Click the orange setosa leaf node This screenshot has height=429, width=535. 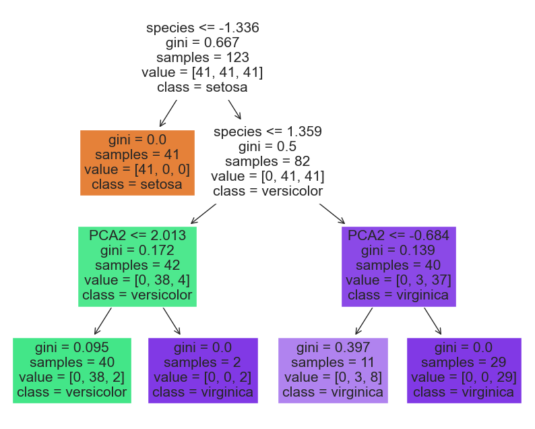point(137,163)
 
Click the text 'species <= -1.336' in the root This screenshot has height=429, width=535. point(203,28)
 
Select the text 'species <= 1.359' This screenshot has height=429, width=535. point(267,131)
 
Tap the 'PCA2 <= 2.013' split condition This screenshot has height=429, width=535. point(137,235)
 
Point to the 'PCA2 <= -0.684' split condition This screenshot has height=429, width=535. point(398,235)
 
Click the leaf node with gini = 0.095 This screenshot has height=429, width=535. point(72,370)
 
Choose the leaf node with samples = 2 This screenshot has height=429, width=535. point(203,370)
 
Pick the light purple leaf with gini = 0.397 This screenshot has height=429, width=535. point(333,370)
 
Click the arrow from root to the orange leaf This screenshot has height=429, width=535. point(168,113)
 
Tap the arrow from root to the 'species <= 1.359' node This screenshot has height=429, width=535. point(234,109)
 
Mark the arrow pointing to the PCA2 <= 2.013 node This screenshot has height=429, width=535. point(203,214)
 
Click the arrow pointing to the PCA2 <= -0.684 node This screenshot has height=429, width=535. point(332,214)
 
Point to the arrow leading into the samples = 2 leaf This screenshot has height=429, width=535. point(172,321)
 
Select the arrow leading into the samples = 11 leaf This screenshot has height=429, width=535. point(364,321)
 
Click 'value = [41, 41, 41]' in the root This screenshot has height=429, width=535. point(203,72)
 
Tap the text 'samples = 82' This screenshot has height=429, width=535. point(267,161)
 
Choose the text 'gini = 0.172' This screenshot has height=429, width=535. point(137,250)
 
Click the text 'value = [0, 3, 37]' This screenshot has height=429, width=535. point(398,280)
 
